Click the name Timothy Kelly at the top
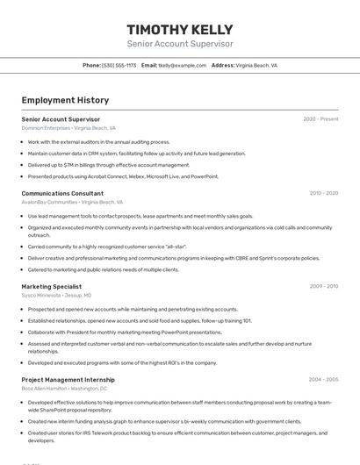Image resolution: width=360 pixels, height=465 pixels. click(x=180, y=29)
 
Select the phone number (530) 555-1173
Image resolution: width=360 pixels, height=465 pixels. click(x=119, y=65)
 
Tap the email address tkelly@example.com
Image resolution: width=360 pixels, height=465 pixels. click(x=182, y=65)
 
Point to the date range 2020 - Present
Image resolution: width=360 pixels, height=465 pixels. click(x=320, y=118)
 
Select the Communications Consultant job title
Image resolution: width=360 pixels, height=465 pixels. click(x=62, y=193)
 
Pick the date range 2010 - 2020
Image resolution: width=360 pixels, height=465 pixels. click(x=324, y=193)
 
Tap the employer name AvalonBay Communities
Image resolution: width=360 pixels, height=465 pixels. click(x=49, y=202)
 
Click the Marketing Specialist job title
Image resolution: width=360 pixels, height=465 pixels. click(x=52, y=286)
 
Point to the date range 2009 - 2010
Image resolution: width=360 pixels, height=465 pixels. click(x=324, y=286)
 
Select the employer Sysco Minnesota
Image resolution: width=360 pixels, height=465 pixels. click(x=41, y=296)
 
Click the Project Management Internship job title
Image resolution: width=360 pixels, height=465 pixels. click(x=68, y=379)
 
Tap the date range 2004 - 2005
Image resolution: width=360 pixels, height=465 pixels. click(x=324, y=379)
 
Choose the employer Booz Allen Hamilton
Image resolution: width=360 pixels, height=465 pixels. click(x=44, y=388)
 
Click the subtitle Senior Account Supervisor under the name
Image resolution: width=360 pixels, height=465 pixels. click(x=180, y=44)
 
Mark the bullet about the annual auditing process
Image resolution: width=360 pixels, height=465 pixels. click(x=98, y=141)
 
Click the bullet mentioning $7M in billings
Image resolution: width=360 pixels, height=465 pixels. click(x=108, y=164)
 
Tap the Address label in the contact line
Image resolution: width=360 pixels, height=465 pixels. click(x=223, y=65)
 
